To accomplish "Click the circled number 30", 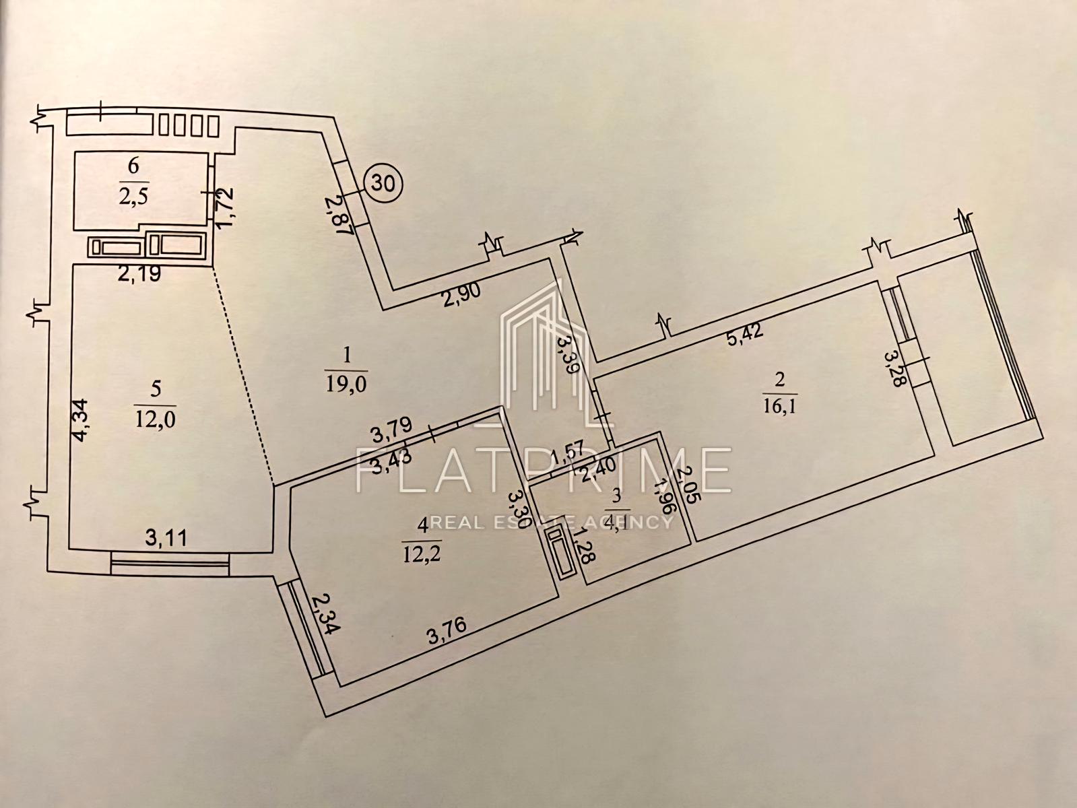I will (383, 181).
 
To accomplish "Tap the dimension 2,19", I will (137, 275).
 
